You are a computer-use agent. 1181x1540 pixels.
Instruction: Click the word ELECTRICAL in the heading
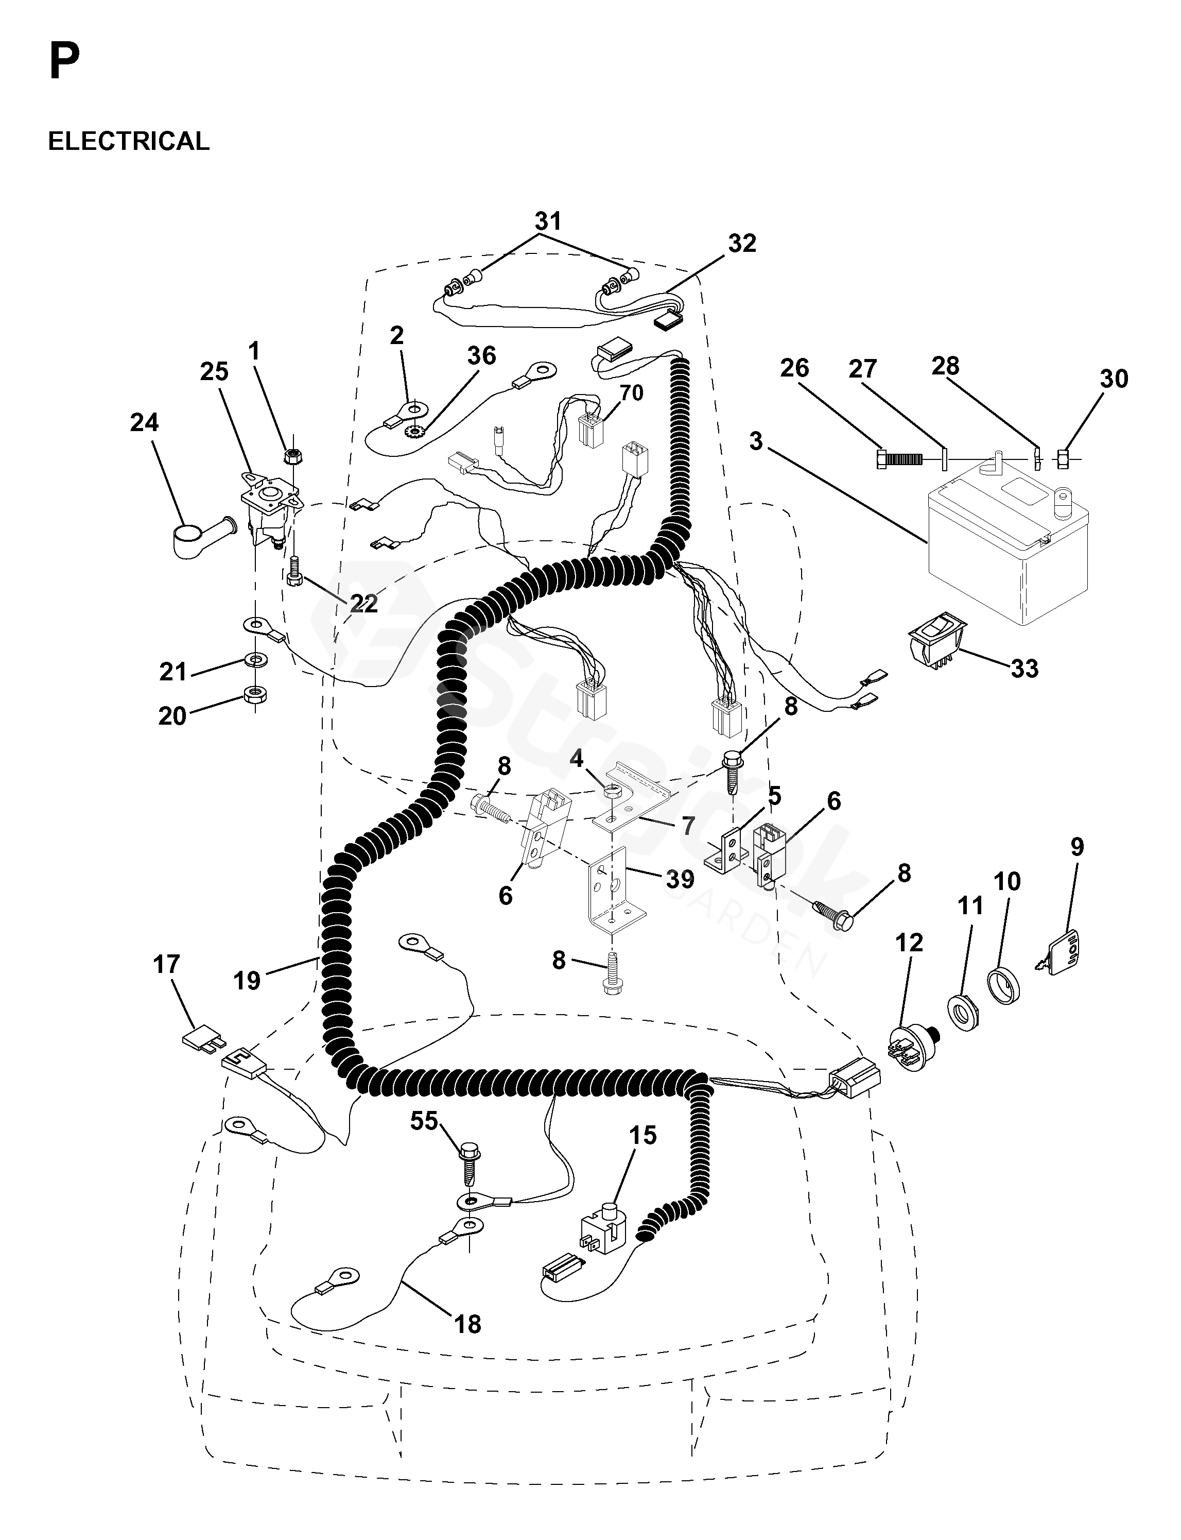tap(129, 141)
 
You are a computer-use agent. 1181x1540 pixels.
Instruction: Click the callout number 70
tap(631, 392)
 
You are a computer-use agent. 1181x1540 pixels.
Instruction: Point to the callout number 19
tap(247, 980)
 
